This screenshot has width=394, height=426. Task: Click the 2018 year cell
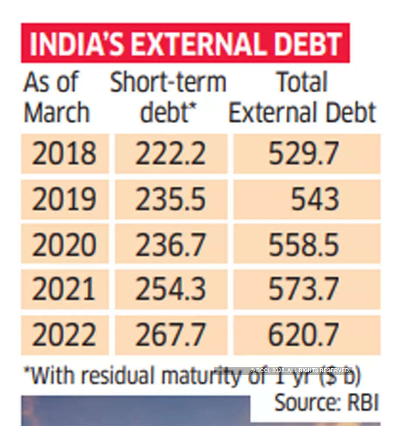(64, 154)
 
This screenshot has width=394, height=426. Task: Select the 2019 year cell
(64, 199)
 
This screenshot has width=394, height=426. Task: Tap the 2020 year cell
(64, 244)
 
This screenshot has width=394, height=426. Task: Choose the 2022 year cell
(64, 335)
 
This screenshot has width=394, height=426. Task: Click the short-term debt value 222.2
(170, 154)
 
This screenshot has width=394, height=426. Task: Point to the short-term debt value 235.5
(170, 199)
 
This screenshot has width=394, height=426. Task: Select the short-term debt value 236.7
(170, 244)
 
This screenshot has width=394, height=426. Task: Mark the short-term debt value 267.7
(170, 335)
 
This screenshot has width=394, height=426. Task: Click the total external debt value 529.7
(303, 154)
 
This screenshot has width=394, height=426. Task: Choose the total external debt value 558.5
(303, 244)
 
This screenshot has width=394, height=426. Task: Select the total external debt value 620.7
(303, 335)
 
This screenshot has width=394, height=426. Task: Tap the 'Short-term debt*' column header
(168, 97)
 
